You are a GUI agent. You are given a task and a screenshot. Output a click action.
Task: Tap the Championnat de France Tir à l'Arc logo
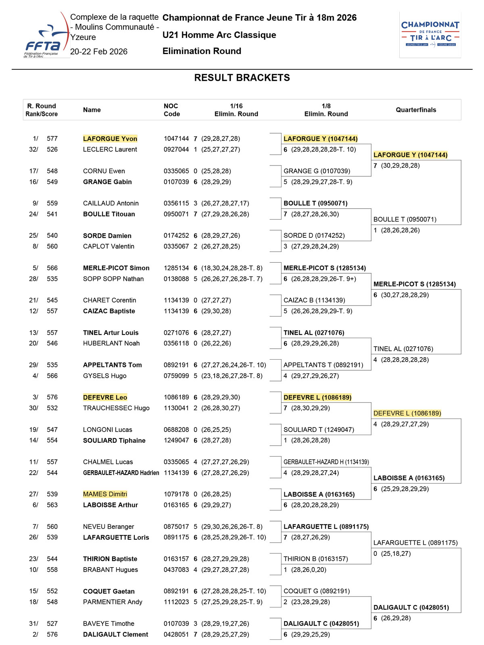(x=430, y=35)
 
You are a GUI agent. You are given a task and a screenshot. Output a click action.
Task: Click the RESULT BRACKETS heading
(x=242, y=77)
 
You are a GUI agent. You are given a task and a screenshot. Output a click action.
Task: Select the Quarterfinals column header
(x=416, y=110)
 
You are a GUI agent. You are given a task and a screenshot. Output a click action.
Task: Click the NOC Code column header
(x=172, y=110)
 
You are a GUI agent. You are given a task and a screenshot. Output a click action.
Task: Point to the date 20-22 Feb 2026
(x=99, y=52)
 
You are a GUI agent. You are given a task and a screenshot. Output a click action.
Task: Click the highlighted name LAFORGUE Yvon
(x=110, y=139)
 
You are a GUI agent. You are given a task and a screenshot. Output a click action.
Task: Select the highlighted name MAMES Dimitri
(x=105, y=494)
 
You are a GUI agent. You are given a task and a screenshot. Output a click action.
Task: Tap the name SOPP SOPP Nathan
(x=113, y=279)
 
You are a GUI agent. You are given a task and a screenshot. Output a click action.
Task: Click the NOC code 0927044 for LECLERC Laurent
(x=176, y=149)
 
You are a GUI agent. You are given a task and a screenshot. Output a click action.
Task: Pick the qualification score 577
(x=52, y=139)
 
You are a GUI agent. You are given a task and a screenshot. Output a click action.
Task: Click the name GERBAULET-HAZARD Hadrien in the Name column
(x=121, y=473)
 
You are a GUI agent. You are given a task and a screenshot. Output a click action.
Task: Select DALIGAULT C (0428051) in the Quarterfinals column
(x=411, y=607)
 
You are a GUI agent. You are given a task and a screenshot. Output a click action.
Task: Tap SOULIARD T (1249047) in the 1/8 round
(x=319, y=429)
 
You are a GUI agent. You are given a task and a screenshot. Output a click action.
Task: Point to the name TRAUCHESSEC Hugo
(x=116, y=408)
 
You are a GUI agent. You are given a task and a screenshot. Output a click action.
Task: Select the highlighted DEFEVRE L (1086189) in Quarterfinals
(x=407, y=413)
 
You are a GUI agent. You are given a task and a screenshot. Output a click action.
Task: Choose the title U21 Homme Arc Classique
(x=219, y=35)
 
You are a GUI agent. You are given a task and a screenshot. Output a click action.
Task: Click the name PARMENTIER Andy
(x=113, y=602)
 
